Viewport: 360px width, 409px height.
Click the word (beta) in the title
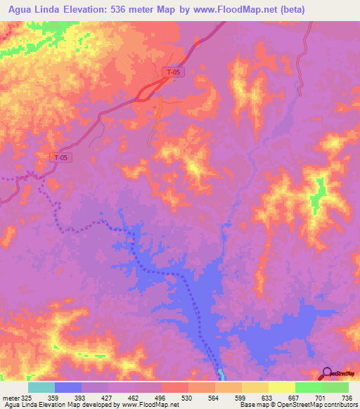[336, 9]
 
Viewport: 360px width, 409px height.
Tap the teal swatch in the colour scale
[41, 387]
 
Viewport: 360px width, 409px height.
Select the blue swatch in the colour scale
[68, 387]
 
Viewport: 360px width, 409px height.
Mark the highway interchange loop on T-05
[150, 90]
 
